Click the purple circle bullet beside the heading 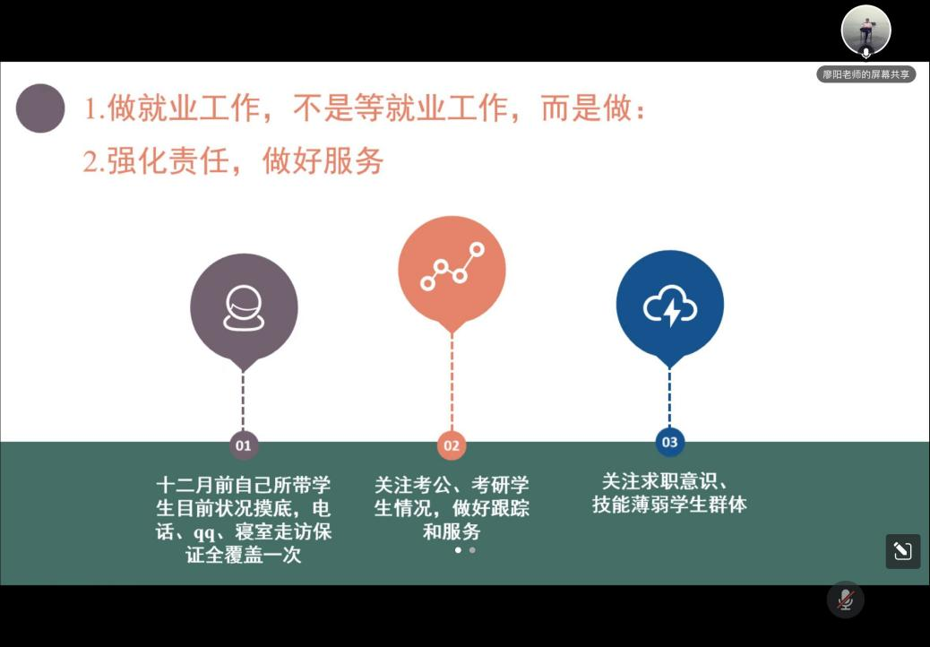40,108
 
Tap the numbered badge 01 243,445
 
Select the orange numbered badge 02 452,445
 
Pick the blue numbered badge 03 669,442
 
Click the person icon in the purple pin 244,307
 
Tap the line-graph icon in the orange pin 452,266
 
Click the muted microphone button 846,600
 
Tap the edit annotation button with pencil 903,551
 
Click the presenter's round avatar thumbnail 866,30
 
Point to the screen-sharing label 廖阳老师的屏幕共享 866,74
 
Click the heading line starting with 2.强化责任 233,160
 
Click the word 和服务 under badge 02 452,531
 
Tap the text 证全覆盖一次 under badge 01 243,555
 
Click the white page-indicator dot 458,549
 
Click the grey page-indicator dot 472,549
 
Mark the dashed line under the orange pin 452,382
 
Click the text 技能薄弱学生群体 669,505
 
